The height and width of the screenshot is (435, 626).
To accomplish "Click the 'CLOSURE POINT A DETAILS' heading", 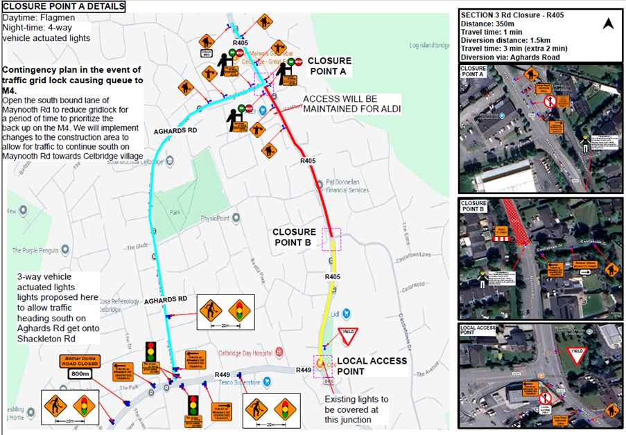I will (x=64, y=7).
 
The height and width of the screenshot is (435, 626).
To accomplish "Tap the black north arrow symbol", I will (x=608, y=24).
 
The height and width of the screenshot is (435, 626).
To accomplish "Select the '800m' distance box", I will (x=81, y=374).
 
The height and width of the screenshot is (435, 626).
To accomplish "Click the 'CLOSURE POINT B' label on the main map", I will (x=294, y=237).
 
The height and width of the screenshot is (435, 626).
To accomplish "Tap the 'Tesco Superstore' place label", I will (x=236, y=383).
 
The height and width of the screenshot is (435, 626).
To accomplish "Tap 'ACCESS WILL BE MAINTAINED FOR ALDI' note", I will (x=351, y=104).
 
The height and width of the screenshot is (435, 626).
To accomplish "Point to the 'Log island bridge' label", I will (x=429, y=46).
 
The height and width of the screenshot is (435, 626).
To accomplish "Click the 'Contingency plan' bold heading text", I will (x=72, y=75).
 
